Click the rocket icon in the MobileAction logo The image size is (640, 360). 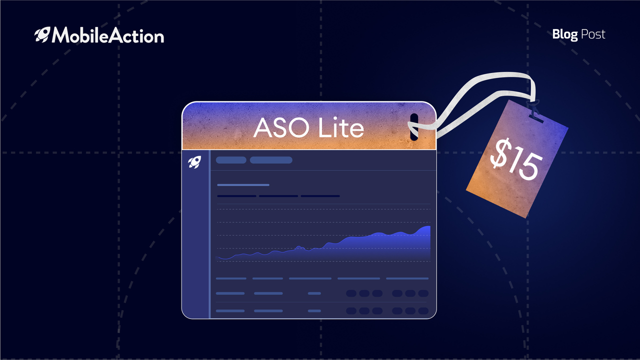[x=42, y=35]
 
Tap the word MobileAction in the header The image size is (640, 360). [x=107, y=35]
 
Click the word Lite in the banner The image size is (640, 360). [x=341, y=127]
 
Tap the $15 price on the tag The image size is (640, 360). [x=516, y=158]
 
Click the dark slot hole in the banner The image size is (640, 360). [x=414, y=127]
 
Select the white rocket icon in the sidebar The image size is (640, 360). [x=194, y=162]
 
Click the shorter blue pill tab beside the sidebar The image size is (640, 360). [x=231, y=160]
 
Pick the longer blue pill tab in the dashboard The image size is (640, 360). [x=271, y=160]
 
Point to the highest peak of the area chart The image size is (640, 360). [x=427, y=226]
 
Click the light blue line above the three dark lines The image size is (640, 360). [x=243, y=185]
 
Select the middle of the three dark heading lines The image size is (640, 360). [x=278, y=196]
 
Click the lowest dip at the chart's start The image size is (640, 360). [x=225, y=259]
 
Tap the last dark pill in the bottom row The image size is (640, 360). [x=423, y=311]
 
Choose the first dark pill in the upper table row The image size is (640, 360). [x=351, y=293]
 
